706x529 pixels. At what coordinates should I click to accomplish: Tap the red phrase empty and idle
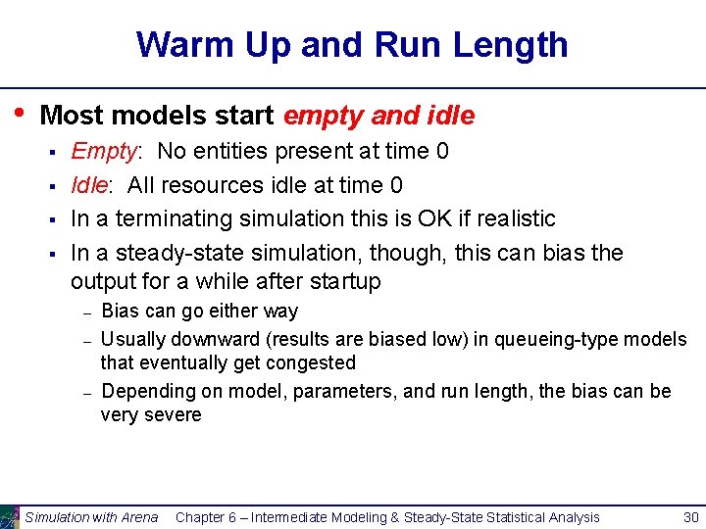378,117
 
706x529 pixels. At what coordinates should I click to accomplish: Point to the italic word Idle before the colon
89,185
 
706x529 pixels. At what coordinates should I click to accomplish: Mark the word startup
342,282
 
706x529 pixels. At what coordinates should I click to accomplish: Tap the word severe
173,414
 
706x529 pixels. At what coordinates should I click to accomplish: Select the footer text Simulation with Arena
91,517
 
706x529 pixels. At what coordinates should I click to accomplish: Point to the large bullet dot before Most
20,114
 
